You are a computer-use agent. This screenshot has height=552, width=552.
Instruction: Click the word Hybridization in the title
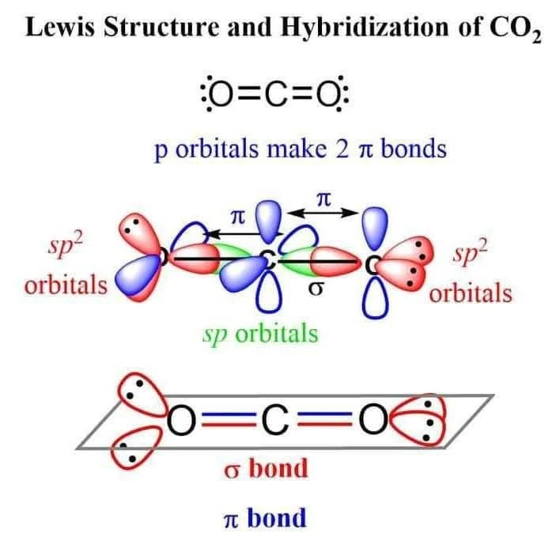[x=356, y=27]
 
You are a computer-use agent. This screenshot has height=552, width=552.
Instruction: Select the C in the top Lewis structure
[x=275, y=97]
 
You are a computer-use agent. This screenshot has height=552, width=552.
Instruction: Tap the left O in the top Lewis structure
[x=222, y=97]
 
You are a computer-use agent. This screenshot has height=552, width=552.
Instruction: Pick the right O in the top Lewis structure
[x=328, y=97]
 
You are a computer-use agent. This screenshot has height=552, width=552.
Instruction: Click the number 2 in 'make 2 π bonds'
[x=342, y=149]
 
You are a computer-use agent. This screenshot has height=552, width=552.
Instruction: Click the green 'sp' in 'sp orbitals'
[x=214, y=333]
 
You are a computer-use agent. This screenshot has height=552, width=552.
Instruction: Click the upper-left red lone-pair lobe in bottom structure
[x=136, y=393]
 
